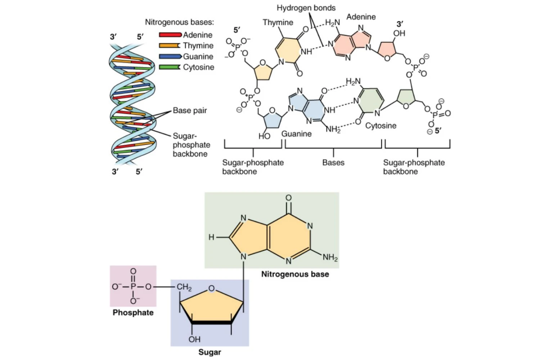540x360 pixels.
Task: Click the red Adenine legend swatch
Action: click(x=170, y=35)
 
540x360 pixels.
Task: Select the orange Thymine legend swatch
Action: click(x=169, y=46)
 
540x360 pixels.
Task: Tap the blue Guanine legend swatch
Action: click(x=170, y=57)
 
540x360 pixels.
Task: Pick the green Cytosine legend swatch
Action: click(x=169, y=67)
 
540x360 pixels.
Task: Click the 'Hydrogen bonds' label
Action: click(x=306, y=8)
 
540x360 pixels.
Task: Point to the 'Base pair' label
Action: click(x=190, y=111)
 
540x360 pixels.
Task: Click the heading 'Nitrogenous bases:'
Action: click(x=179, y=22)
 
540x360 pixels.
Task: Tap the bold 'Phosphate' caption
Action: click(x=133, y=312)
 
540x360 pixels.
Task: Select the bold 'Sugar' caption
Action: click(x=210, y=352)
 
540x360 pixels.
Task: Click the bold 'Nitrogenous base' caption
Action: click(x=295, y=274)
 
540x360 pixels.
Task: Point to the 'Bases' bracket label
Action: click(x=333, y=163)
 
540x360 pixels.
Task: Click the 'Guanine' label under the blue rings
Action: click(x=296, y=134)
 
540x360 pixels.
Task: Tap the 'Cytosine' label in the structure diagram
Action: click(x=381, y=126)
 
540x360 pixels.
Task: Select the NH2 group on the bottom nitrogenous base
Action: click(x=330, y=257)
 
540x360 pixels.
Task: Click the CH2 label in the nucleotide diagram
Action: click(x=184, y=287)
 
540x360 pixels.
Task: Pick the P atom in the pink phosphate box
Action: click(x=133, y=287)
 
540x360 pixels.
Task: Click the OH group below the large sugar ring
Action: click(x=194, y=339)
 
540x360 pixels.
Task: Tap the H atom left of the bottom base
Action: click(x=212, y=237)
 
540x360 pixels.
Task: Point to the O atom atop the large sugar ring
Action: click(x=212, y=288)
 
